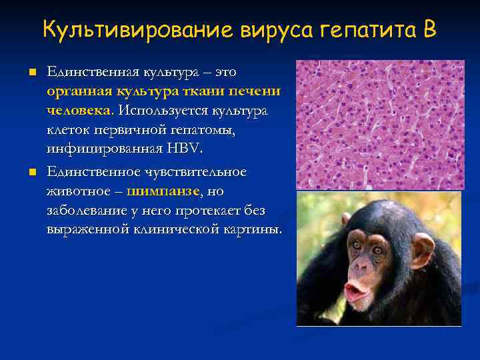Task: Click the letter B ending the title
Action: coord(429,30)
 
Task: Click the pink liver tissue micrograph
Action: coord(379,124)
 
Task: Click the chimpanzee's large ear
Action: coord(422,249)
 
